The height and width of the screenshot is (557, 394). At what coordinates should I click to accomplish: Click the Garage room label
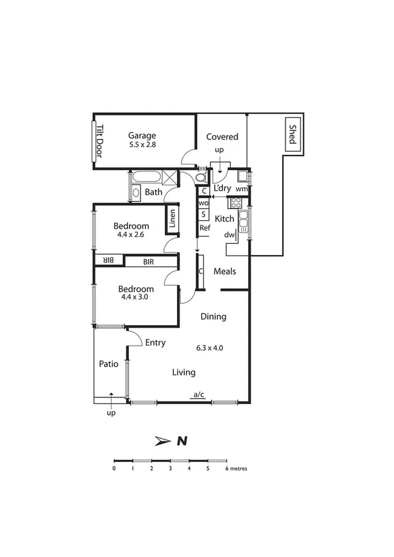pyautogui.click(x=142, y=136)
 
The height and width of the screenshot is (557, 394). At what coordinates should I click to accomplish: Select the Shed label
pyautogui.click(x=293, y=136)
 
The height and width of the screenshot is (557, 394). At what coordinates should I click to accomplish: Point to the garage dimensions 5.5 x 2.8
pyautogui.click(x=141, y=145)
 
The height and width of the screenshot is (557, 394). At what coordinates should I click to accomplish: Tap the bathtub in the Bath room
pyautogui.click(x=146, y=178)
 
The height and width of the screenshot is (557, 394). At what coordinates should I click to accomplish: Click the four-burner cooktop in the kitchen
pyautogui.click(x=235, y=203)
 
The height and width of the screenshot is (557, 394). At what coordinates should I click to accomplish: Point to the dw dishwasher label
pyautogui.click(x=230, y=234)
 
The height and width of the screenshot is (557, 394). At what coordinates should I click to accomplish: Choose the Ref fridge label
pyautogui.click(x=205, y=228)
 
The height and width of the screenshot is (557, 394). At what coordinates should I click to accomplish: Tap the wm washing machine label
pyautogui.click(x=241, y=189)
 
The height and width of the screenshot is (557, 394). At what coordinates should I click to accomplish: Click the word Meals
pyautogui.click(x=224, y=271)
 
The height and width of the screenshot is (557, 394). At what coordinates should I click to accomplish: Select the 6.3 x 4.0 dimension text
pyautogui.click(x=210, y=348)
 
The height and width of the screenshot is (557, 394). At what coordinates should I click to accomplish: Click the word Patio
pyautogui.click(x=109, y=363)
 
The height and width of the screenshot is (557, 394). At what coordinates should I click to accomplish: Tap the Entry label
pyautogui.click(x=155, y=342)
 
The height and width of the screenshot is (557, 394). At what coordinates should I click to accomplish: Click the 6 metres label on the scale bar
pyautogui.click(x=236, y=469)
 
